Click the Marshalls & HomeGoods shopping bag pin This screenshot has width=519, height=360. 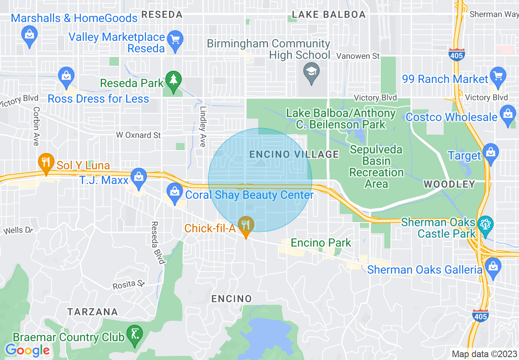point(29,34)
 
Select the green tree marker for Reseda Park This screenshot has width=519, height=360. point(174,81)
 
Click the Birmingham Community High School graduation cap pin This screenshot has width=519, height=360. point(311,72)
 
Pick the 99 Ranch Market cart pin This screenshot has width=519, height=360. point(498,76)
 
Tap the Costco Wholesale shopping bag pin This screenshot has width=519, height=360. point(508,114)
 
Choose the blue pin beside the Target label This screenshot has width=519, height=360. point(490,153)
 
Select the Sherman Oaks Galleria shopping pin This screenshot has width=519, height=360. point(493,267)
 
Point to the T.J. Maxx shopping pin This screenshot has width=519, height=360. point(139,178)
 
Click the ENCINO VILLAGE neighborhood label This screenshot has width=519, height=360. point(294,154)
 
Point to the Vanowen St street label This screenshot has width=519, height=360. point(358,56)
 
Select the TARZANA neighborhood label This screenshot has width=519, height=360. point(93,312)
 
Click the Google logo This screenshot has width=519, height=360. point(27,350)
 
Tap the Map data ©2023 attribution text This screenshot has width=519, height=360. point(483,354)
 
